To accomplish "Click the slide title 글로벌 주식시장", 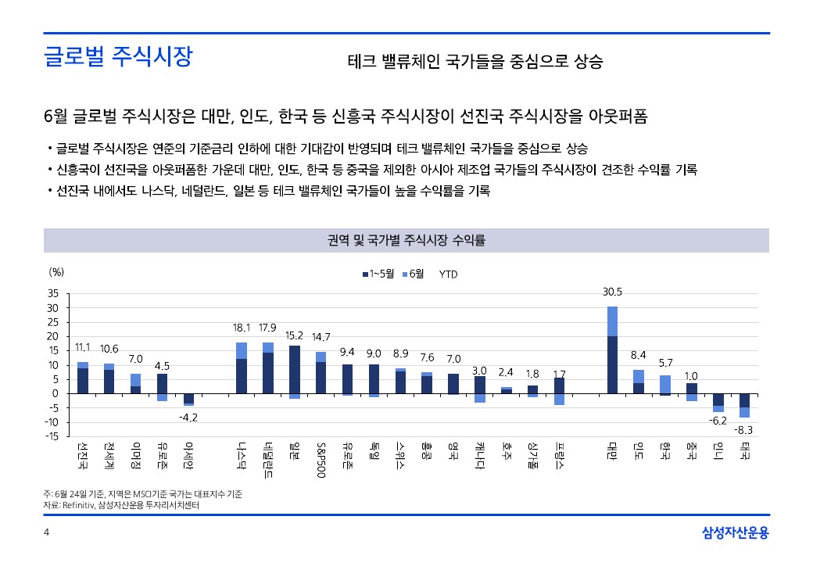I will (118, 58).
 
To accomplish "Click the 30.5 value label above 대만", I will (612, 292).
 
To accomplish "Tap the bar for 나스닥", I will (242, 368).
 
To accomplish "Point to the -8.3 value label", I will (743, 430).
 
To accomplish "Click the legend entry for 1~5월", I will (378, 274).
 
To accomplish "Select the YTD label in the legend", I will (449, 274).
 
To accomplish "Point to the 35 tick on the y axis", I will (53, 293).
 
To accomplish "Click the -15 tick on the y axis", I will (52, 436).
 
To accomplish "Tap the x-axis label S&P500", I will (321, 460).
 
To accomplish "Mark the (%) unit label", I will (56, 272).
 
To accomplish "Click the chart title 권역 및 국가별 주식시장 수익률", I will (406, 240).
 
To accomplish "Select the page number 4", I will (46, 533).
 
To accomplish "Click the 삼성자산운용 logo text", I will (735, 533).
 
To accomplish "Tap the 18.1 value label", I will (242, 328).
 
